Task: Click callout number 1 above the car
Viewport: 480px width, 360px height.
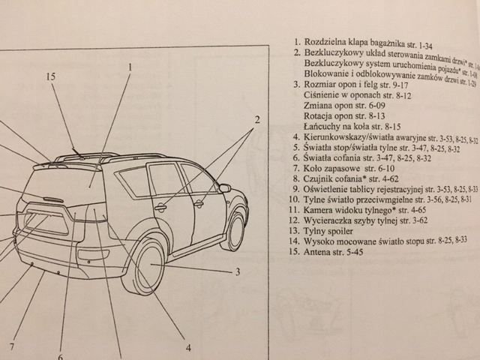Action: [129, 67]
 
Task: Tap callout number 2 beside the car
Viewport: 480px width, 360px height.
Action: [256, 121]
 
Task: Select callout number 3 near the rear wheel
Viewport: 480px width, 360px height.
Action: [236, 271]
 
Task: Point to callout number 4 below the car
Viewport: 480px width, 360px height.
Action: [188, 347]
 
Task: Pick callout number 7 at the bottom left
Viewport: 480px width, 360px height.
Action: [12, 346]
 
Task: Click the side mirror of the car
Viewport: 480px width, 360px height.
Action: [223, 188]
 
